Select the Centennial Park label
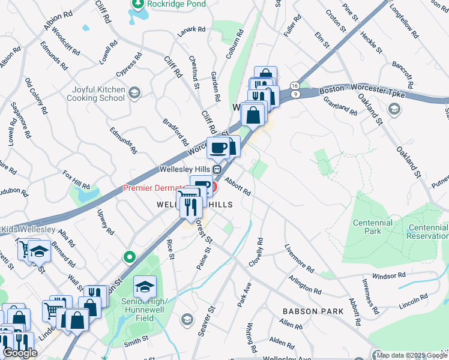tap(373, 227)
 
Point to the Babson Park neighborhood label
tap(313, 311)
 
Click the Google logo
tap(19, 353)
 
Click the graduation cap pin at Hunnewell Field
tap(145, 287)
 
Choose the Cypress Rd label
tap(129, 65)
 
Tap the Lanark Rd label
tap(192, 29)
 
